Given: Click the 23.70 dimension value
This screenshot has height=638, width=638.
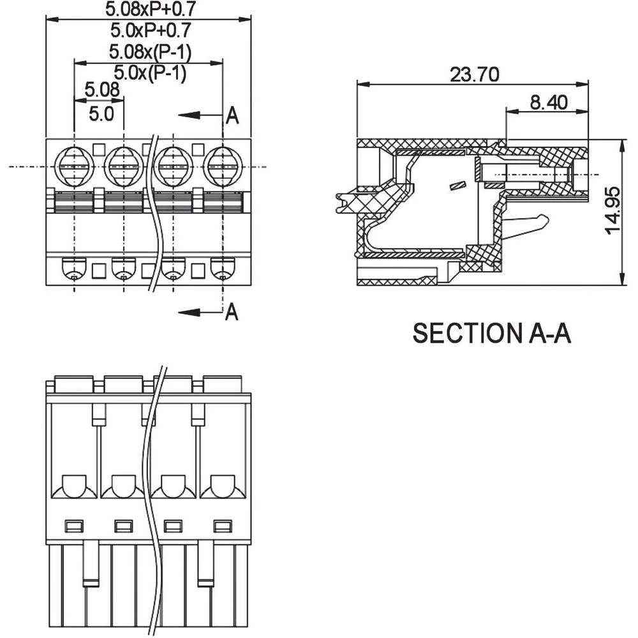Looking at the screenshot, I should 474,74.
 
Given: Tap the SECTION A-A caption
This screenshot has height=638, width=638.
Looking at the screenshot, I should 491,333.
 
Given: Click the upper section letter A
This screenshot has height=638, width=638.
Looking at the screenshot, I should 232,115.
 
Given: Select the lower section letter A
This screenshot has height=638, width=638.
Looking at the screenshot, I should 232,312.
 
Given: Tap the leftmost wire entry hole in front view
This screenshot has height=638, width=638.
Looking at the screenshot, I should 75,269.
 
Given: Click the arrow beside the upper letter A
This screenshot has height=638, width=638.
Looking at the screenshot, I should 198,115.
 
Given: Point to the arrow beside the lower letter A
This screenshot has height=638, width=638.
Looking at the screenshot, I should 198,312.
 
